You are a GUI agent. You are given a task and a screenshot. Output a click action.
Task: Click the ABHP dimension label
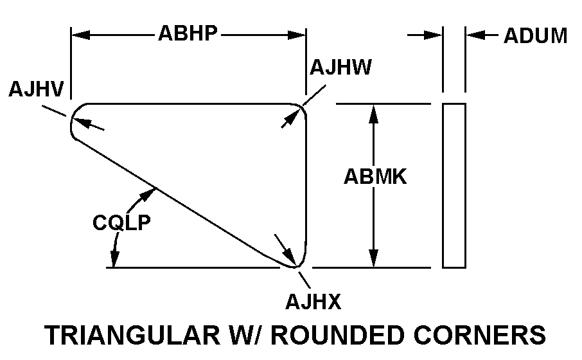click(188, 34)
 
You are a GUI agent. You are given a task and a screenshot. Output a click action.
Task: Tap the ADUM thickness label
click(535, 35)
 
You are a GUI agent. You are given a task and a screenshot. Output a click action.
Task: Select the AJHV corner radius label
click(36, 89)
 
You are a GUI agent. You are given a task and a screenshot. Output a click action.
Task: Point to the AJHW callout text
click(340, 67)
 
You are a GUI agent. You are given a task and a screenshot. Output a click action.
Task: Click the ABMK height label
click(375, 176)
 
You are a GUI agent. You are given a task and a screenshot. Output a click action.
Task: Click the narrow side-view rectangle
click(454, 185)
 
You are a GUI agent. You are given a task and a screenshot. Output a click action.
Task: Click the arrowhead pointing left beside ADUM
click(473, 35)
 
